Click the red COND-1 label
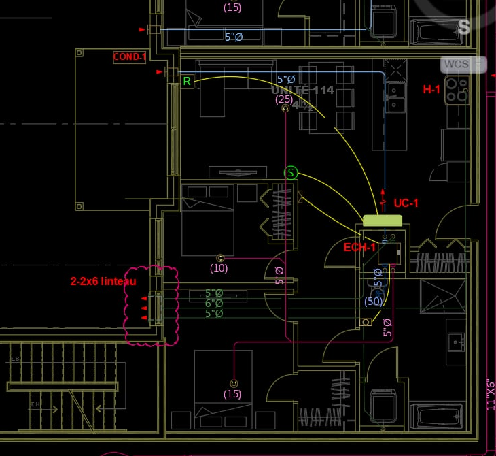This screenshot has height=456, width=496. click(130, 57)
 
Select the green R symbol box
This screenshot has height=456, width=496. click(187, 81)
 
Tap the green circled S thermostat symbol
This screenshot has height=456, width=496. click(291, 173)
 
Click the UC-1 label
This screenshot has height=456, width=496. click(406, 203)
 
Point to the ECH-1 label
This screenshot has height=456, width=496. click(359, 247)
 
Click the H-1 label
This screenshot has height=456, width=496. click(432, 89)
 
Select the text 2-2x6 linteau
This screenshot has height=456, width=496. click(103, 281)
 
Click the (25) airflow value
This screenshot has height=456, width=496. click(285, 99)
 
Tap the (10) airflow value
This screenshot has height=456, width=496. click(219, 268)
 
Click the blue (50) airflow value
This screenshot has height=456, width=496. click(374, 301)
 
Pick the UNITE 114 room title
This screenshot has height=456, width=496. click(302, 90)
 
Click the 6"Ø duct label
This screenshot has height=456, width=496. click(214, 304)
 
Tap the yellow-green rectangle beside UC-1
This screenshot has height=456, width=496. click(383, 220)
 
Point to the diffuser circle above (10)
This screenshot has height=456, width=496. click(219, 258)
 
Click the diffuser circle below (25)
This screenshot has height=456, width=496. click(285, 108)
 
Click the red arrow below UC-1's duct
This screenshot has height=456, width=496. click(384, 192)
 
